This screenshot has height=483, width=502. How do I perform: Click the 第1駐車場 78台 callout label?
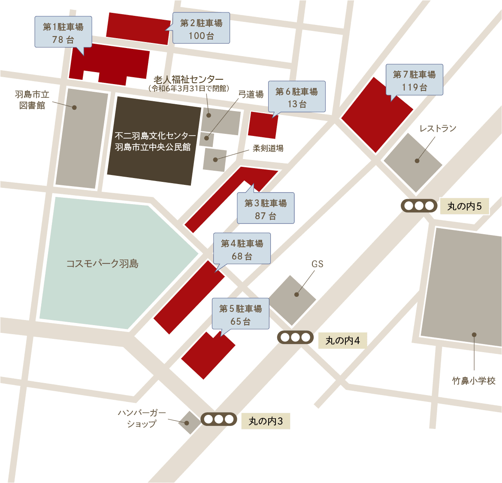63,33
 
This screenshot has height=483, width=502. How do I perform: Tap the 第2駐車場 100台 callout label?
201,29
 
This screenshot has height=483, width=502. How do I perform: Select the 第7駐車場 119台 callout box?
414,80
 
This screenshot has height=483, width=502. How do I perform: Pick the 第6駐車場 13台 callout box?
296,97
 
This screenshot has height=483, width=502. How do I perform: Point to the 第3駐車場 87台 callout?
266,209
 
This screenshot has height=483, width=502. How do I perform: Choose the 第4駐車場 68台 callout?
242,249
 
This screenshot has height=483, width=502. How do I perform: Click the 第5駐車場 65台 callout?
240,314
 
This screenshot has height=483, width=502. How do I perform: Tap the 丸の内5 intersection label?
464,206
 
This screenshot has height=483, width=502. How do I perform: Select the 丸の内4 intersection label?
342,341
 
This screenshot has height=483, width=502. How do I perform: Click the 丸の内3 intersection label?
266,421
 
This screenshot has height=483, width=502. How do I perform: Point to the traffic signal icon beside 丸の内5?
419,206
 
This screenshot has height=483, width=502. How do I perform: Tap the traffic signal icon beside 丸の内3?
218,419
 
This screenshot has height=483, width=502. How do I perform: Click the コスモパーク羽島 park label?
102,263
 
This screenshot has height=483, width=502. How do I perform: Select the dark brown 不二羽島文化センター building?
153,141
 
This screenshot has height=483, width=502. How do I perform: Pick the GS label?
318,264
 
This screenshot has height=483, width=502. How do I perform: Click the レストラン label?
438,128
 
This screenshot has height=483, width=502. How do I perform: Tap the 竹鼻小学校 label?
474,380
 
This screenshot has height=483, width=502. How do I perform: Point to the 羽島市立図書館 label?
32,100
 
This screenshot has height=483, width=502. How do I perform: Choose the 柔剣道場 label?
268,148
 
